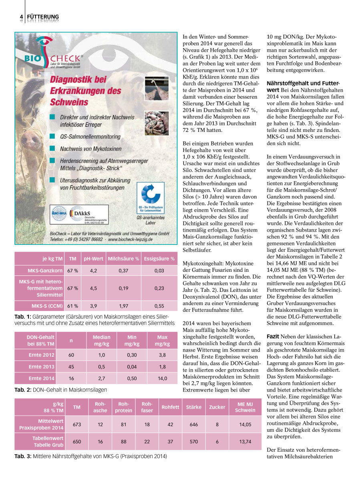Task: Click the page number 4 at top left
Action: (x=21, y=16)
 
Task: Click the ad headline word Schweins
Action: (x=69, y=102)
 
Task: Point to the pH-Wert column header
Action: (x=93, y=259)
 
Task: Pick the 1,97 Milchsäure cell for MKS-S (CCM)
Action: (x=123, y=306)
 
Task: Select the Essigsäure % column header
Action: (x=159, y=259)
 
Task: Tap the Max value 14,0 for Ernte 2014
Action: (x=161, y=378)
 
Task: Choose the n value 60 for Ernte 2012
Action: (x=71, y=355)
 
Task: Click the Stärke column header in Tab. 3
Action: (x=194, y=407)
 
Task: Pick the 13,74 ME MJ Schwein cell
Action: (x=245, y=441)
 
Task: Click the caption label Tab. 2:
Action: (x=23, y=389)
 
